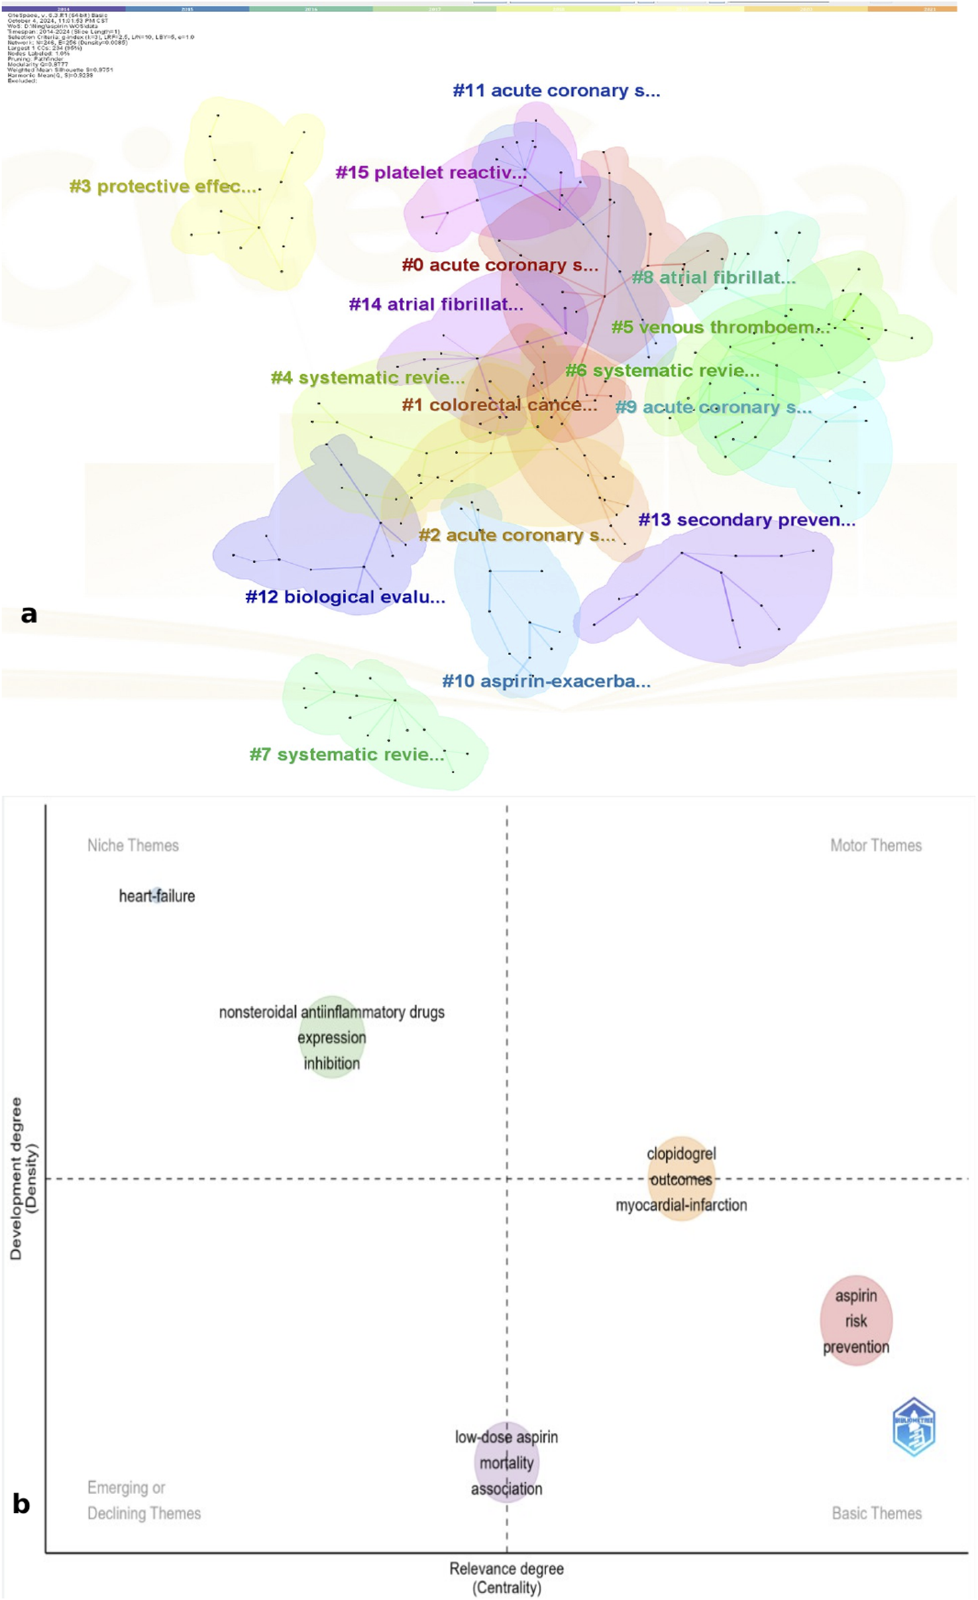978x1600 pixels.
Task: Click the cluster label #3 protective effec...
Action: pyautogui.click(x=163, y=186)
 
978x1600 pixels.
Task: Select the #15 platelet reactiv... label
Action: pyautogui.click(x=431, y=172)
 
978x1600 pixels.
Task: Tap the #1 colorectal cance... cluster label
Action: pyautogui.click(x=499, y=405)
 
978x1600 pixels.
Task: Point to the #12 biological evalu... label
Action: pyautogui.click(x=345, y=597)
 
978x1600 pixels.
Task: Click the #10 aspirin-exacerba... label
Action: pyautogui.click(x=546, y=681)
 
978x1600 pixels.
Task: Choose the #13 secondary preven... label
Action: pyautogui.click(x=747, y=520)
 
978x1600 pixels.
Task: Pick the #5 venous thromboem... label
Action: pyautogui.click(x=720, y=327)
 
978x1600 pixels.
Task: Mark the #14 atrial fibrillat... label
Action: pyautogui.click(x=436, y=304)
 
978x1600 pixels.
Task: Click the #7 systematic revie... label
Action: pyautogui.click(x=347, y=754)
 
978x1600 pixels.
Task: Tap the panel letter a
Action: pyautogui.click(x=29, y=614)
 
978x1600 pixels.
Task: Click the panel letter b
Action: pyautogui.click(x=21, y=1503)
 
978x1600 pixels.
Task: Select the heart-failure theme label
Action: pyautogui.click(x=157, y=896)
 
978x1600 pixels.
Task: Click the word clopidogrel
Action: pyautogui.click(x=681, y=1153)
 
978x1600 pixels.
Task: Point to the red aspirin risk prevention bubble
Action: pyautogui.click(x=856, y=1320)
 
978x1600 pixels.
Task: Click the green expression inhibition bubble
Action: pyautogui.click(x=331, y=1038)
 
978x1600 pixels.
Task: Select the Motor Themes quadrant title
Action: pyautogui.click(x=875, y=846)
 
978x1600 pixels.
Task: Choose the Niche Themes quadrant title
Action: pyautogui.click(x=133, y=846)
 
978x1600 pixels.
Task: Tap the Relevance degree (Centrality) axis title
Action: pyautogui.click(x=506, y=1578)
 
